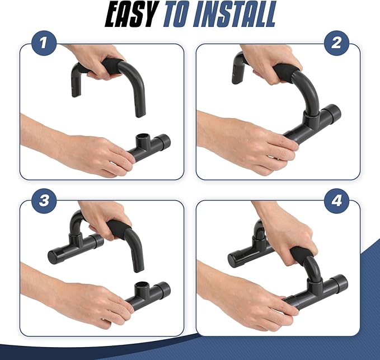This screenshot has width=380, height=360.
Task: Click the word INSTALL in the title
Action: click(x=234, y=14)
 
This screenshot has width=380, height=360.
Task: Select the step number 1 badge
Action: click(x=44, y=43)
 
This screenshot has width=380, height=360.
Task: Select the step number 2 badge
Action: click(x=336, y=43)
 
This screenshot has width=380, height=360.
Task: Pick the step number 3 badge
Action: click(x=44, y=201)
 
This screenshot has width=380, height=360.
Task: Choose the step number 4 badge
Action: click(x=336, y=201)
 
